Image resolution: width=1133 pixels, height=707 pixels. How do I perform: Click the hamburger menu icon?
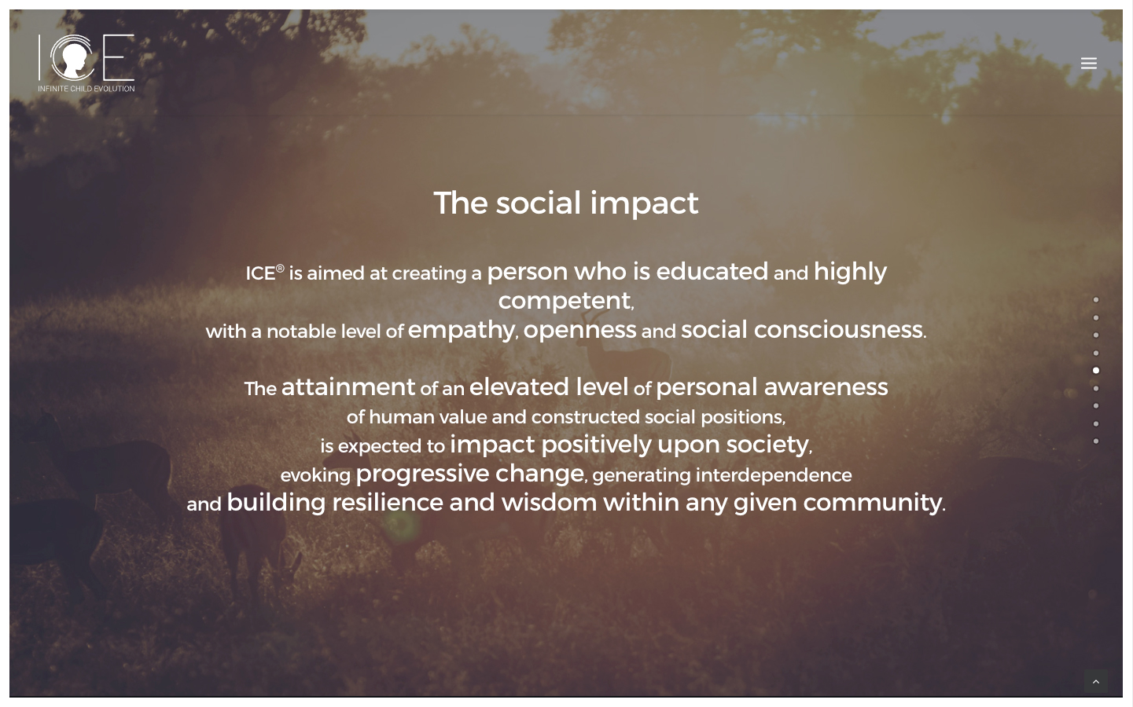click(x=1088, y=63)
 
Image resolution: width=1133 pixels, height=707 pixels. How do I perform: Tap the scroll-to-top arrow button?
click(x=1095, y=682)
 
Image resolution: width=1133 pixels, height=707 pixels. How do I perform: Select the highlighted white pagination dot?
click(x=1095, y=371)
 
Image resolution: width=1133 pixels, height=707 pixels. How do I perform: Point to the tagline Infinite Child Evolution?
click(x=86, y=89)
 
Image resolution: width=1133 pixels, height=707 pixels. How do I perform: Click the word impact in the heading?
click(x=644, y=203)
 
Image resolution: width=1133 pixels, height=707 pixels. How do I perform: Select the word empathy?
click(x=461, y=331)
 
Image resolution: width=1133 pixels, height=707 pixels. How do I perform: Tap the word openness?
click(x=579, y=331)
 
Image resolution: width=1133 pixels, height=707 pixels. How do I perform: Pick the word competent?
click(x=564, y=302)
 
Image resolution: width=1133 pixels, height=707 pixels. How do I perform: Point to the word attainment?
click(x=348, y=387)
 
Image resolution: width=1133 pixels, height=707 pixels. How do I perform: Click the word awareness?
click(x=826, y=387)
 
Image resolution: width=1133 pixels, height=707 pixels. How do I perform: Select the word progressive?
click(x=422, y=474)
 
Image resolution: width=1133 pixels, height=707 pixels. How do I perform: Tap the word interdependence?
click(x=774, y=475)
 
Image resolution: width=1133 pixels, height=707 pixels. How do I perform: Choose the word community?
click(x=873, y=504)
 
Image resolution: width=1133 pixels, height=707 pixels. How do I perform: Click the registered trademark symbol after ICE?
click(x=280, y=269)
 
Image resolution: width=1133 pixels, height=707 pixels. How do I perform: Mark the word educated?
click(x=712, y=272)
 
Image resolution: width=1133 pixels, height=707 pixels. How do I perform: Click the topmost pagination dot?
click(x=1095, y=299)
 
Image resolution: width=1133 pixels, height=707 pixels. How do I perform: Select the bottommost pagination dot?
click(x=1095, y=441)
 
